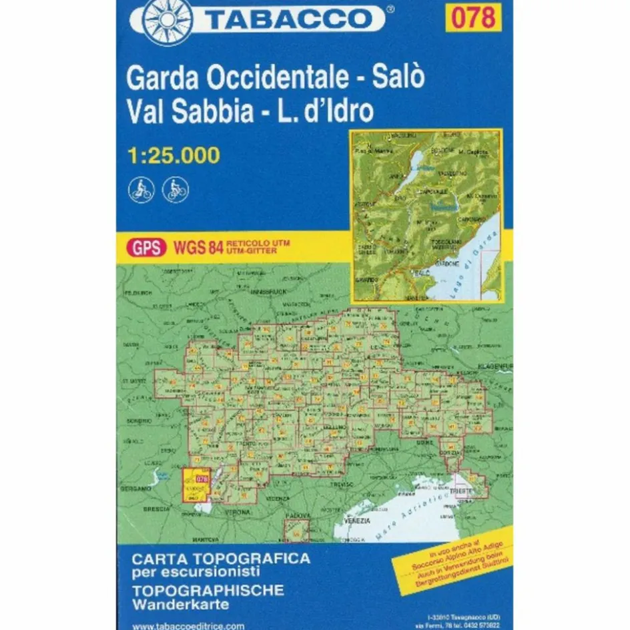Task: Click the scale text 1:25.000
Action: tap(173, 155)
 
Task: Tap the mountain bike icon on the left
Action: tap(141, 190)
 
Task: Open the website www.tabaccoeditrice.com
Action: tap(189, 626)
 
